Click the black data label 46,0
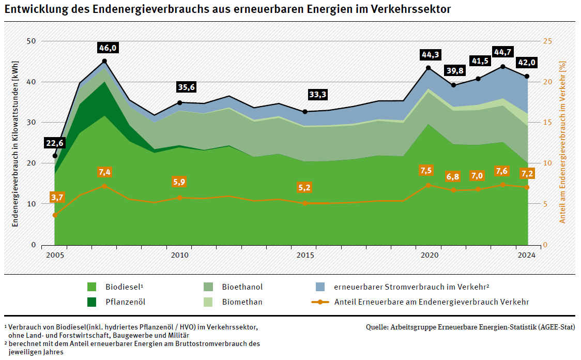[x=108, y=48]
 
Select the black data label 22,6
[x=55, y=143]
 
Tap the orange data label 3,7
[x=57, y=197]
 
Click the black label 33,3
[x=317, y=95]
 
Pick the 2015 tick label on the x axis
[x=305, y=255]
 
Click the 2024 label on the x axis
[x=527, y=255]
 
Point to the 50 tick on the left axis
[x=31, y=41]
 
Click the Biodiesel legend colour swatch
[x=92, y=287]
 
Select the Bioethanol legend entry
[x=242, y=287]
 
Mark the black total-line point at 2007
[x=104, y=61]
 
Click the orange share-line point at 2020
[x=428, y=185]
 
